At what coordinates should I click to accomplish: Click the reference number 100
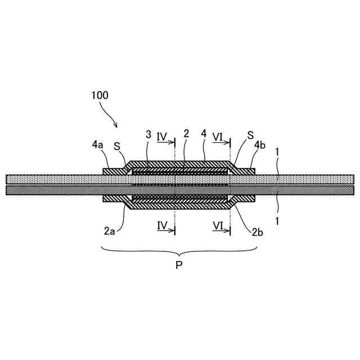point(100,95)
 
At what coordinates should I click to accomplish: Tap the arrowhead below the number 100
point(115,125)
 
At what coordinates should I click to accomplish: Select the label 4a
point(97,145)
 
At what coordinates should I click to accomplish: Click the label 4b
point(259,145)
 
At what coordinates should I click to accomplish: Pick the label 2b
point(257,231)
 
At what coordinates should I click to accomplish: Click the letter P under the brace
point(179,265)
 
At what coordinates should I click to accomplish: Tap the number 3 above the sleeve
point(148,134)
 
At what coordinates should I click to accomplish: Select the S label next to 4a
point(117,147)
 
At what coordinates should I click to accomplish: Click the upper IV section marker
point(162,136)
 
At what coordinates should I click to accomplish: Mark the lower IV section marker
point(162,226)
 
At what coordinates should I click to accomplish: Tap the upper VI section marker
point(218,136)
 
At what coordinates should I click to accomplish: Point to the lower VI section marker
point(218,226)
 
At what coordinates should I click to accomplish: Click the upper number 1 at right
point(277,151)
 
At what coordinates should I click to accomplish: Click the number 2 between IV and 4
point(186,134)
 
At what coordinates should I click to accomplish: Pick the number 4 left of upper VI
point(203,134)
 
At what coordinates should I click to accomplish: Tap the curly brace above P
point(179,251)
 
